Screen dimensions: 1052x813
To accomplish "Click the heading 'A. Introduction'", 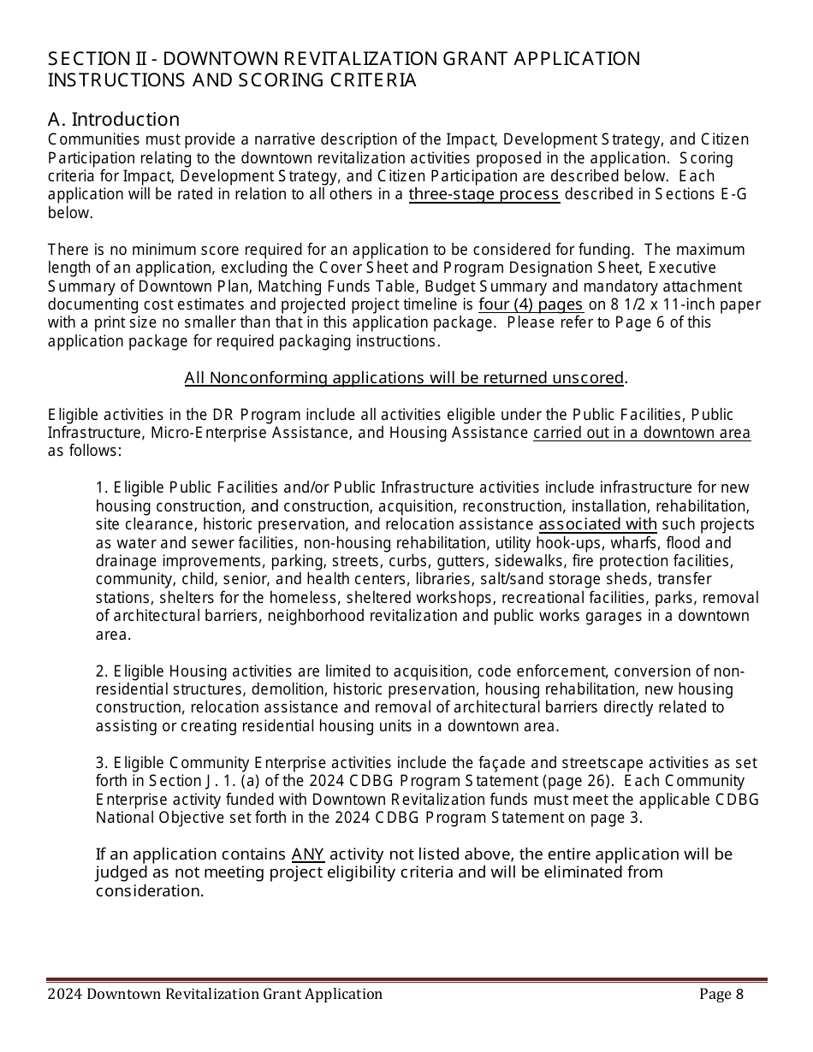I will [x=114, y=119].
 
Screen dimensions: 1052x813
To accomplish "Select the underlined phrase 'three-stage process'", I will [x=484, y=194].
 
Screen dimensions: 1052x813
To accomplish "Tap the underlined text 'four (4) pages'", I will [x=531, y=304].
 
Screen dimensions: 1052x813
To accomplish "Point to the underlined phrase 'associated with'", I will [x=597, y=524].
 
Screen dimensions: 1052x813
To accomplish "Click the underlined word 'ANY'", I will [x=308, y=854].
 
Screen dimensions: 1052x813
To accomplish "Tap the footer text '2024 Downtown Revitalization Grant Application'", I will [x=215, y=994].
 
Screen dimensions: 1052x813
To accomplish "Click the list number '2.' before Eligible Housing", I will [x=102, y=671].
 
